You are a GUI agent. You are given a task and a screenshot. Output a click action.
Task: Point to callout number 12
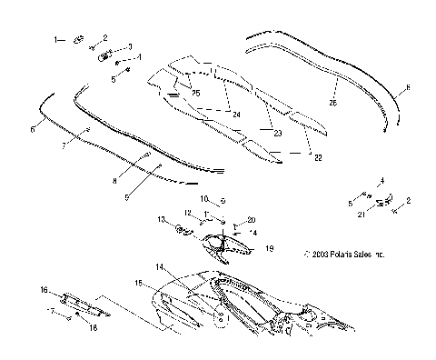coord(187,214)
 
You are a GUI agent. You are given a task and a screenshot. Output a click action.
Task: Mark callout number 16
coord(42,290)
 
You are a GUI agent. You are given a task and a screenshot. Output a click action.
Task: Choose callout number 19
coord(268,247)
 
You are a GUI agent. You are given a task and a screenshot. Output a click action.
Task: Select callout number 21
coord(360,215)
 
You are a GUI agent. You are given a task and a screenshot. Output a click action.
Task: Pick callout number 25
coord(195,94)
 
